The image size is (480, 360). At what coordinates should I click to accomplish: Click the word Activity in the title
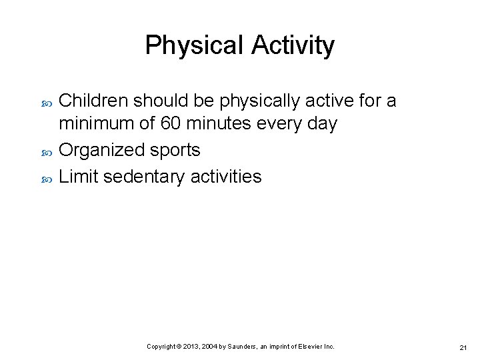293,45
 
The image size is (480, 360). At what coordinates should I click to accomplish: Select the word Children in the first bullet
94,101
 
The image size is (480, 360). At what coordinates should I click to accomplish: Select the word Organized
101,151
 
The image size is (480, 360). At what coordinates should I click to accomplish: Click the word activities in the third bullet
226,177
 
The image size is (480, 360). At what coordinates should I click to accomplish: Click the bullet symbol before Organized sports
46,151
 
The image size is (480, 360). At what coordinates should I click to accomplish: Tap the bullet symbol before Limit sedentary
46,177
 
